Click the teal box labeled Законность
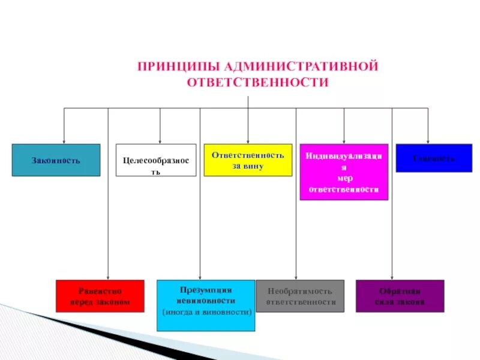click(56, 160)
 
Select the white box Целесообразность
click(156, 160)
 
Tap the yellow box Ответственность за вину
click(248, 160)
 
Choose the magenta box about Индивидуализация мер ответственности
click(344, 172)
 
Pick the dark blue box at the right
click(434, 158)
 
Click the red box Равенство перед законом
click(100, 296)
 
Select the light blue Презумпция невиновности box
click(206, 305)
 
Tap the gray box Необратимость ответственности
click(301, 296)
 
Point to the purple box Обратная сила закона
click(400, 296)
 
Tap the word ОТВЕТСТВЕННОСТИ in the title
click(258, 83)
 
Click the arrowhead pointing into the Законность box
click(64, 141)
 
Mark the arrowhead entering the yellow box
click(248, 141)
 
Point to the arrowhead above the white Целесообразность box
click(160, 141)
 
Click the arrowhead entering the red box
click(108, 277)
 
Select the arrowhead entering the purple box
click(392, 277)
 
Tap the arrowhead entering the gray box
click(296, 277)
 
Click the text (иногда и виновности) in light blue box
click(206, 313)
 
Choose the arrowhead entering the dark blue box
click(428, 141)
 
